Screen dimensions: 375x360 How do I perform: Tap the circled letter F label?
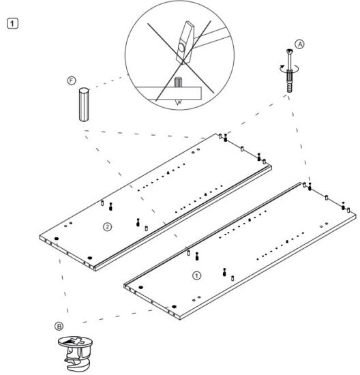[x=72, y=81]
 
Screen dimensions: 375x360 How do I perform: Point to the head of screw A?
[x=291, y=54]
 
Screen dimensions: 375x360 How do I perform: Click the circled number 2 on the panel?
[x=106, y=226]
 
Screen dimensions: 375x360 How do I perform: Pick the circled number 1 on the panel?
[x=197, y=276]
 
